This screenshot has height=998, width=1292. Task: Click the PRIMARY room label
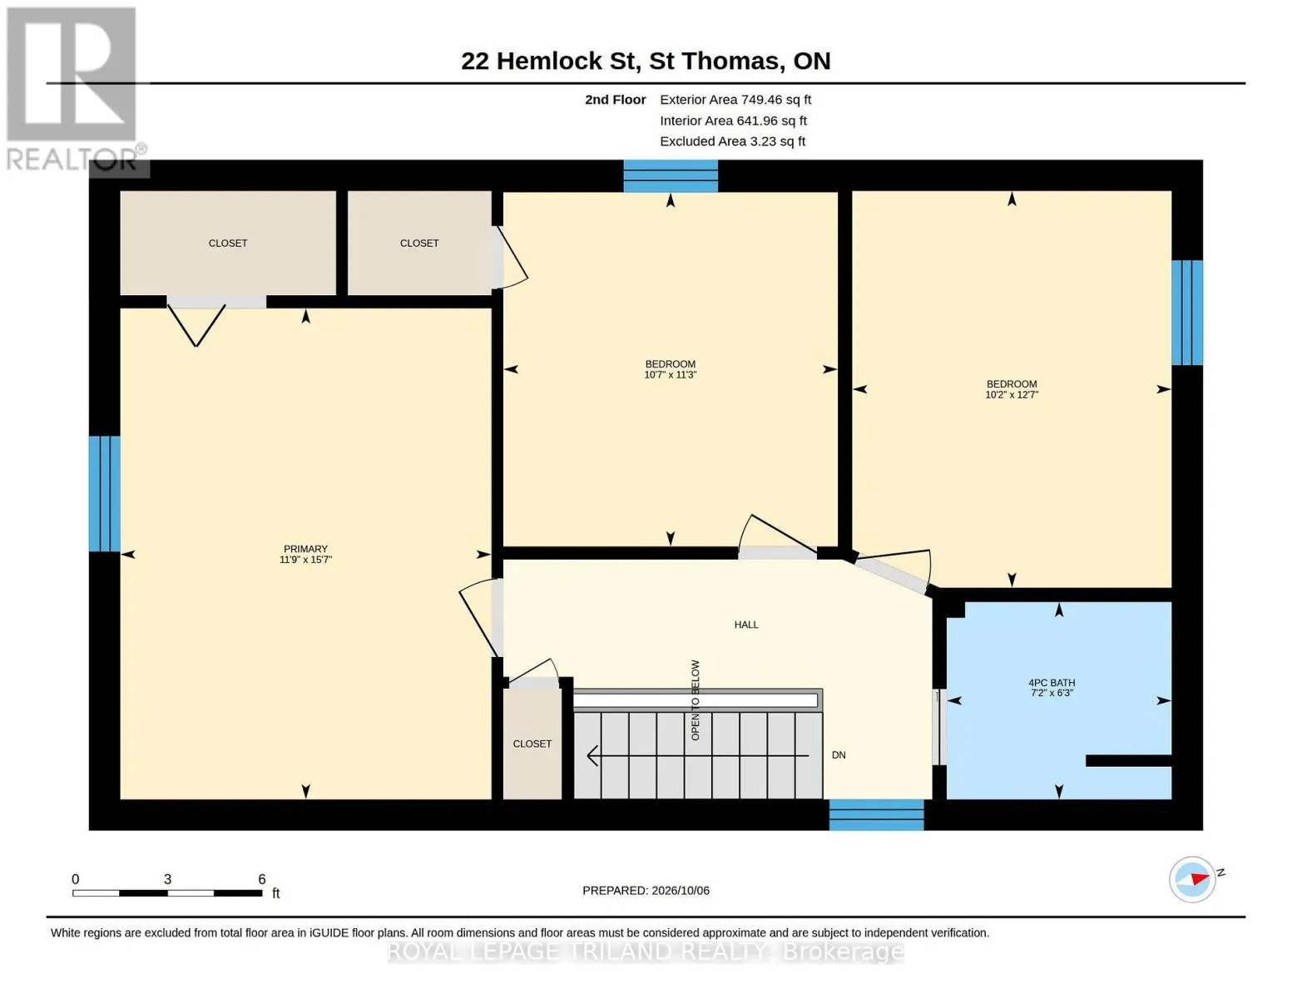tap(305, 549)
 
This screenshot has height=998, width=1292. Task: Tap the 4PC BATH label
tap(1052, 682)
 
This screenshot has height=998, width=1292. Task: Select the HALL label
tap(745, 624)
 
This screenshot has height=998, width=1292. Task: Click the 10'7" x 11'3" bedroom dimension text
tap(670, 374)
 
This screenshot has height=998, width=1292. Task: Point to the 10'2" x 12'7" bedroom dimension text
tap(1012, 394)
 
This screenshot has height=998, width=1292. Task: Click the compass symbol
tap(1192, 879)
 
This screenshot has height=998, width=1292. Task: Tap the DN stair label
tap(839, 755)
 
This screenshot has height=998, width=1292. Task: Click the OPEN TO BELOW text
tap(695, 700)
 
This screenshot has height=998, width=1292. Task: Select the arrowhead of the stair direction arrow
tap(592, 755)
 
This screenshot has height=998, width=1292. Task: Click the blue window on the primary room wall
tap(105, 494)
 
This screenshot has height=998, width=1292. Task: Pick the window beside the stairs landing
tap(876, 814)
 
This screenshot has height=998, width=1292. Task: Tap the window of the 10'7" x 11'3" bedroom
tap(671, 176)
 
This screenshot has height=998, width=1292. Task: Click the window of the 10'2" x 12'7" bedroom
tap(1187, 313)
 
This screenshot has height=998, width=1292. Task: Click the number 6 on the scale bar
tap(261, 879)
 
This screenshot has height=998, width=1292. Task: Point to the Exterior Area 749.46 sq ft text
tap(735, 100)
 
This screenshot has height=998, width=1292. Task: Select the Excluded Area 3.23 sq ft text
tap(732, 141)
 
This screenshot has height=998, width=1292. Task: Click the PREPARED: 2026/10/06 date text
tap(646, 891)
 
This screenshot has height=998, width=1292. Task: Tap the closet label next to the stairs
tap(532, 744)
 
